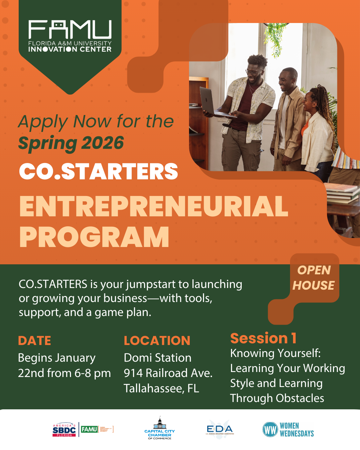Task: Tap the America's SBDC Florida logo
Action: pyautogui.click(x=64, y=430)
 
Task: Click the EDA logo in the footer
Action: pyautogui.click(x=220, y=429)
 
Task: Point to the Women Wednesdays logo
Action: pyautogui.click(x=288, y=429)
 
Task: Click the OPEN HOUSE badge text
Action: pyautogui.click(x=314, y=278)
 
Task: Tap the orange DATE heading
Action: pyautogui.click(x=35, y=341)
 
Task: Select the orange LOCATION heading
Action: pyautogui.click(x=157, y=341)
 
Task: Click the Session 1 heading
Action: pyautogui.click(x=263, y=338)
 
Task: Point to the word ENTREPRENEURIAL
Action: pyautogui.click(x=154, y=206)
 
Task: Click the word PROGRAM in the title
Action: pyautogui.click(x=94, y=237)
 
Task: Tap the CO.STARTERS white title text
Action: pyautogui.click(x=99, y=171)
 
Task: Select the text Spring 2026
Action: pyautogui.click(x=71, y=143)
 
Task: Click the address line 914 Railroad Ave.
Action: pyautogui.click(x=168, y=373)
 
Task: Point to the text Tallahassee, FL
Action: pyautogui.click(x=161, y=388)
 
